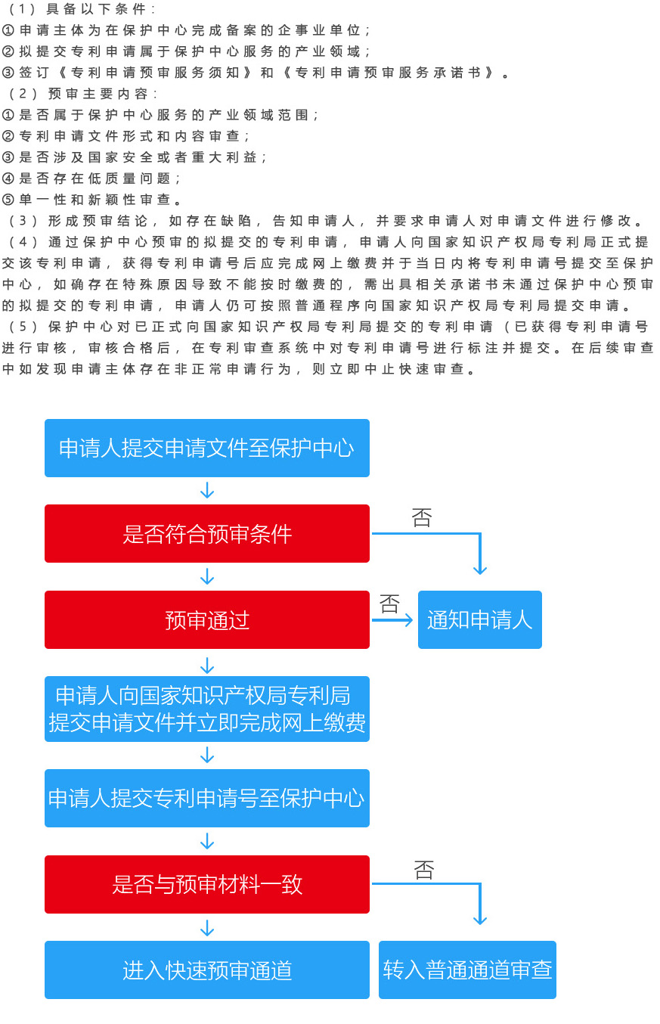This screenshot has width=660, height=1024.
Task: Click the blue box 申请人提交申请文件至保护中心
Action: [x=207, y=448]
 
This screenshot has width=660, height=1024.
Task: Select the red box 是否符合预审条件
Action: [x=207, y=533]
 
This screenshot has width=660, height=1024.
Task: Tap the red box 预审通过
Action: [x=207, y=619]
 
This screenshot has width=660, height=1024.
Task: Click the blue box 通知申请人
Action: [x=480, y=619]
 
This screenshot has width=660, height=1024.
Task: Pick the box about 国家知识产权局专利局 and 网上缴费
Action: [x=207, y=709]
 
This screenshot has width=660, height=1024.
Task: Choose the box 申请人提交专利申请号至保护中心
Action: [x=207, y=798]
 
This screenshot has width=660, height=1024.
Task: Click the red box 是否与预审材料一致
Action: [x=207, y=884]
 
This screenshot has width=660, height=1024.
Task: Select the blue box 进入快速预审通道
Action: [x=207, y=970]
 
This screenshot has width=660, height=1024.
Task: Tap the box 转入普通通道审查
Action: [x=467, y=970]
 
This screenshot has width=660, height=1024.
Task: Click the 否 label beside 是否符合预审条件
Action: [x=421, y=517]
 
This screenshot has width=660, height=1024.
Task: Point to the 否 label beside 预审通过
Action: [x=389, y=604]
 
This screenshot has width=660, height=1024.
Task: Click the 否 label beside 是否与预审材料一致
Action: [x=423, y=870]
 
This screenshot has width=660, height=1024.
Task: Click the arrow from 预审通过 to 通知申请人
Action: [x=392, y=620]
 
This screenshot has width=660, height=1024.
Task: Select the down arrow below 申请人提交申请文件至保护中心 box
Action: [x=207, y=490]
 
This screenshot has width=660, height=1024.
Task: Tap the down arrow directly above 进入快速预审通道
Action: [x=207, y=928]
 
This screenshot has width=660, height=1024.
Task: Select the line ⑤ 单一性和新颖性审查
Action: [x=91, y=200]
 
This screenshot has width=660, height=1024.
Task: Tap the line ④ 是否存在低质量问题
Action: [x=91, y=178]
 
